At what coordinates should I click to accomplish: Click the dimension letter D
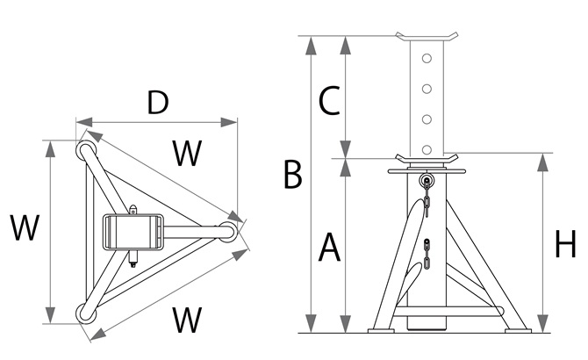pos(158,103)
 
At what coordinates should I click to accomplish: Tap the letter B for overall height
pos(293,175)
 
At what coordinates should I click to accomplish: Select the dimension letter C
pos(328,102)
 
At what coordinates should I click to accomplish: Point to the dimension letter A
pos(328,248)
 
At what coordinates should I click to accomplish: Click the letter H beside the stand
pos(565,245)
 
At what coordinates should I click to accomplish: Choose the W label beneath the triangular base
pos(187,320)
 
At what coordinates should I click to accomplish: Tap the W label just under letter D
pos(186,155)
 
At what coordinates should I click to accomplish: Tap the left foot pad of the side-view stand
pos(384,330)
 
